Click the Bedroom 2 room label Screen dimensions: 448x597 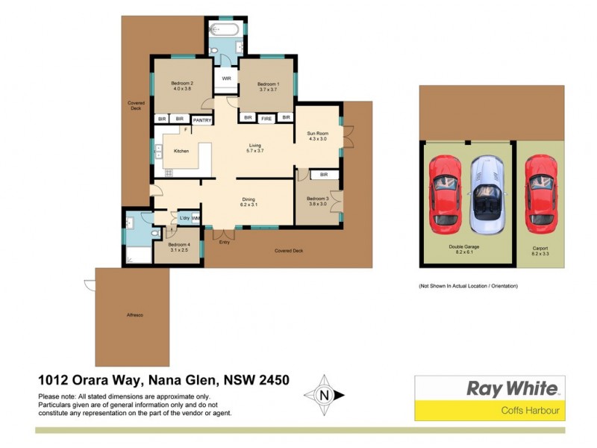click(182, 83)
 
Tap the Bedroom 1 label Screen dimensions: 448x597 click(269, 84)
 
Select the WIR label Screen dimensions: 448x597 click(225, 78)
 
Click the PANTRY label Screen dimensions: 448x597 click(202, 119)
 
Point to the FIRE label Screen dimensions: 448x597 click(266, 117)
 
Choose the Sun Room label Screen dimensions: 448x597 click(318, 134)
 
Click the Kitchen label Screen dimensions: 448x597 click(181, 151)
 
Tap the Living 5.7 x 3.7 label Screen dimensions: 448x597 click(257, 146)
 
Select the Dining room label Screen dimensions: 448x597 click(249, 199)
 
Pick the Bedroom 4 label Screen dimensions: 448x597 click(179, 245)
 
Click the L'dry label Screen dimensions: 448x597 click(184, 218)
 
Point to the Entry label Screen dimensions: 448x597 click(225, 242)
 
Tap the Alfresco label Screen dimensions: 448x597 click(134, 315)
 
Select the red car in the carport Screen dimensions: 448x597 click(540, 193)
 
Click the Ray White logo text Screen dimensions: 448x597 click(511, 388)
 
